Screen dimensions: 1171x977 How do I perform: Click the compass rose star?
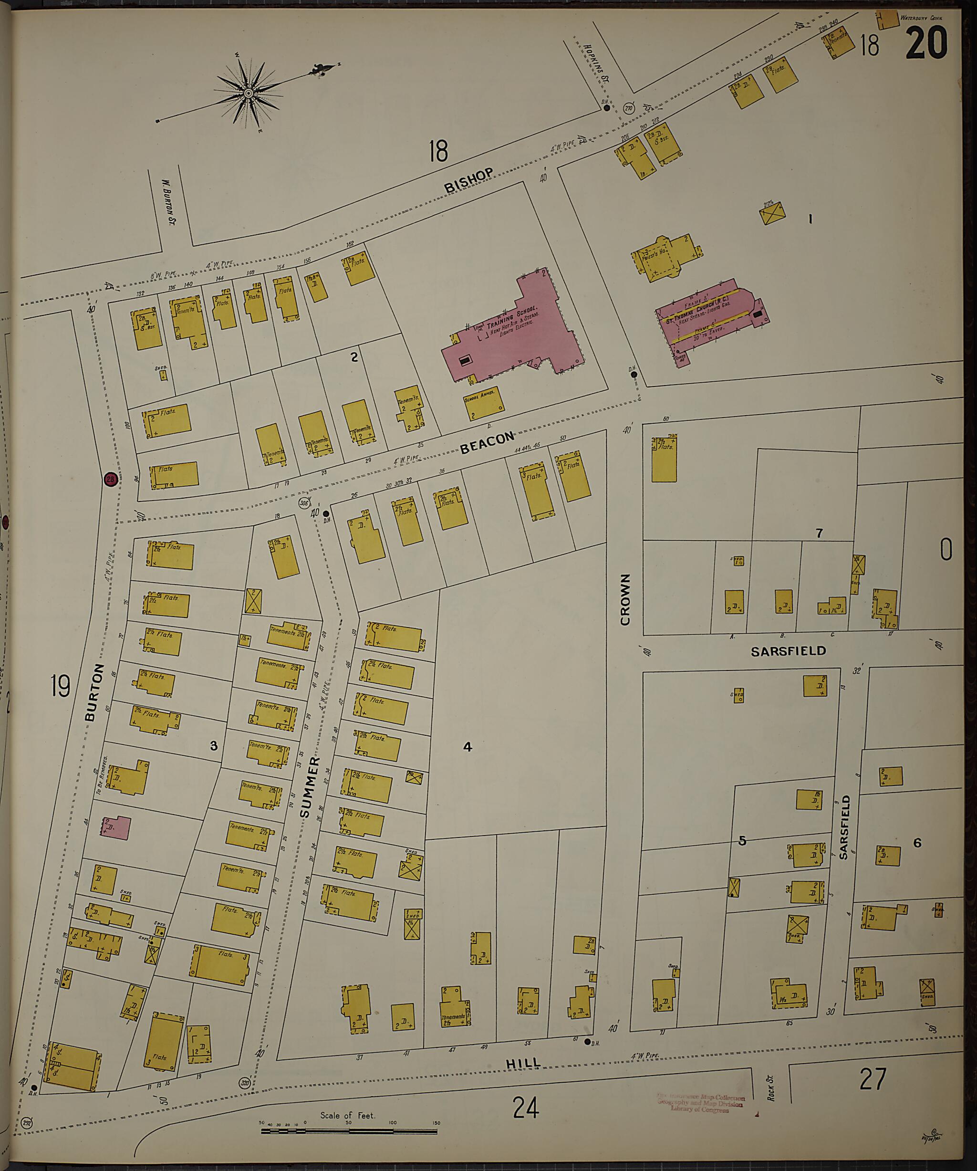pyautogui.click(x=249, y=94)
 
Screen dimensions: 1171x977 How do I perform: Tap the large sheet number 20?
pyautogui.click(x=926, y=43)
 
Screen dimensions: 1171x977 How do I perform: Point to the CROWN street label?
pyautogui.click(x=625, y=599)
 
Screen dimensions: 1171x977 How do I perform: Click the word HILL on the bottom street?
pyautogui.click(x=523, y=1063)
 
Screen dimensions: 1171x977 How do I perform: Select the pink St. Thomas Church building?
pyautogui.click(x=711, y=318)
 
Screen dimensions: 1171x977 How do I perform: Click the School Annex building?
pyautogui.click(x=483, y=403)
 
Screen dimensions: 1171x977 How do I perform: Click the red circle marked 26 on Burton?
pyautogui.click(x=110, y=479)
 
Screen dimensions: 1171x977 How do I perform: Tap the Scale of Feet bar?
pyautogui.click(x=348, y=1131)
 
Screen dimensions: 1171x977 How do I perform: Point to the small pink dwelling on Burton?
pyautogui.click(x=116, y=827)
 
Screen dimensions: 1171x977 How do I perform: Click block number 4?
pyautogui.click(x=468, y=746)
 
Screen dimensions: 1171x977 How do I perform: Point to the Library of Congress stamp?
pyautogui.click(x=701, y=1103)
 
